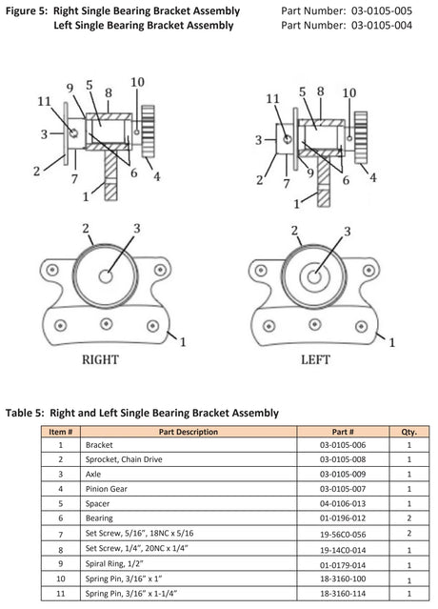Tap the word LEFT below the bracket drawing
tap(315, 361)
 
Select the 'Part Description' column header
tap(189, 432)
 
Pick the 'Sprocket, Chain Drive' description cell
tap(118, 458)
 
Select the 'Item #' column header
tap(60, 432)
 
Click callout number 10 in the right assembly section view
tap(137, 83)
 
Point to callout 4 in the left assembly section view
tap(372, 176)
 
